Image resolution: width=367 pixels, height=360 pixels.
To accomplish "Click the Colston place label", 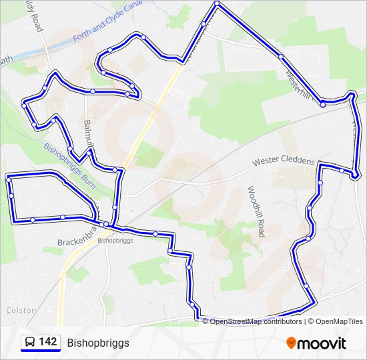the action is pos(19,310).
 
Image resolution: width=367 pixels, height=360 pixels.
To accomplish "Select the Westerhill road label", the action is pos(298,83).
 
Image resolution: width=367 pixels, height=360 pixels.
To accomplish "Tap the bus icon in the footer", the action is pos(30,343).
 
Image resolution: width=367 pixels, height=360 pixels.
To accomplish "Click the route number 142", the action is pos(47,342).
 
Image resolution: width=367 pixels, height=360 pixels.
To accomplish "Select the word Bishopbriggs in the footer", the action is pos(98,343).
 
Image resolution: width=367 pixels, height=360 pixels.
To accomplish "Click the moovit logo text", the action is pos(322,343).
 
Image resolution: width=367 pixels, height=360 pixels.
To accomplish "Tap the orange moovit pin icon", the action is pos(291,343).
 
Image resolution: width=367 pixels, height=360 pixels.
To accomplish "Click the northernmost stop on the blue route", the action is pos(217,4).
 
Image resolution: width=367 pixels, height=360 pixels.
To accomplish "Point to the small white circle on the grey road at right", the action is pos(331,295).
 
